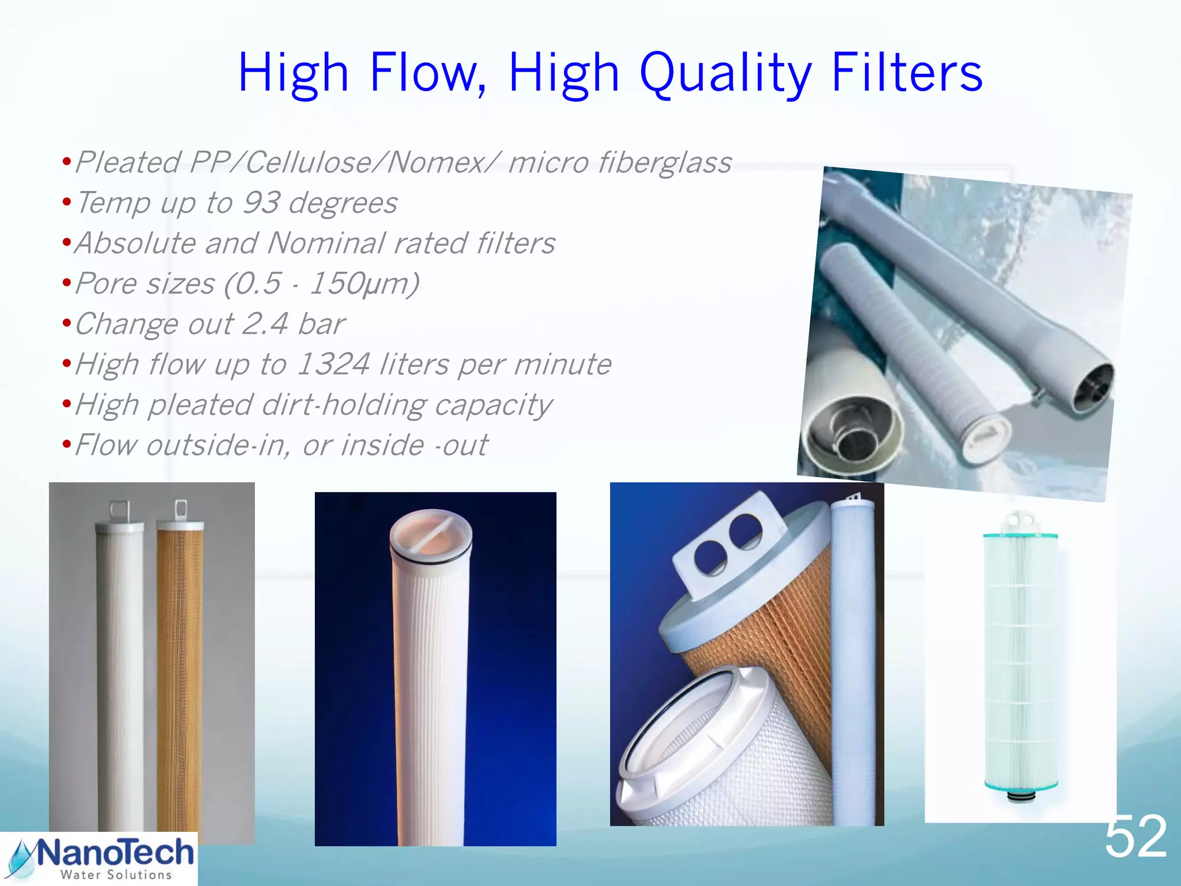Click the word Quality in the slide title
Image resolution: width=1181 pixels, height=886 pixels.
coord(725,74)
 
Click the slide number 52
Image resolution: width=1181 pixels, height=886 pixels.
coord(1135,836)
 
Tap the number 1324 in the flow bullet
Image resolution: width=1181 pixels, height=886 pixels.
coord(333,365)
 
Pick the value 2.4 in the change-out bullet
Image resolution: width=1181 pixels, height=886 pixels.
coord(265,324)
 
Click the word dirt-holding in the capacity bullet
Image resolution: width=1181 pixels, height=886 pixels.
coord(343,405)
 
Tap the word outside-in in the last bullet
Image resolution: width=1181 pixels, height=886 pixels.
coord(216,445)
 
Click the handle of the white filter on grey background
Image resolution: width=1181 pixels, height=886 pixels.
coord(119,510)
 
